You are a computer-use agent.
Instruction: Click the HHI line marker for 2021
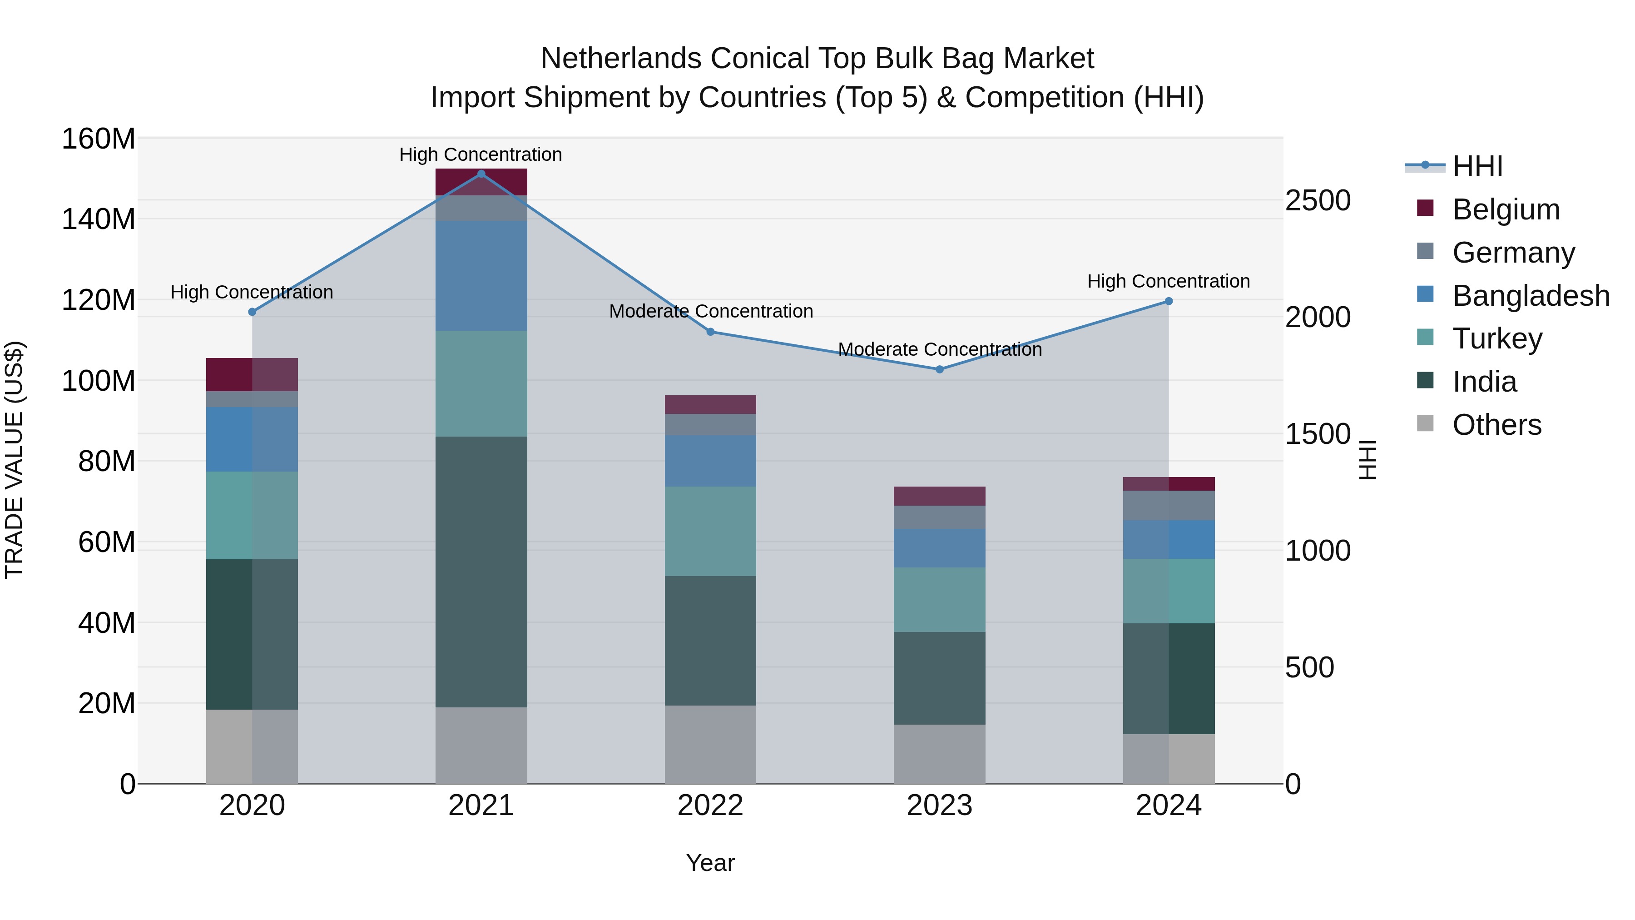(481, 174)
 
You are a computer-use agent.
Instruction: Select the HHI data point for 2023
(940, 369)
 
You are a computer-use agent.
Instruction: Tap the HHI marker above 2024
(1169, 302)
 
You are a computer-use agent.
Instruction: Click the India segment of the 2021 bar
(481, 572)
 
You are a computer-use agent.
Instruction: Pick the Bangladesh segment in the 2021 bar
(481, 276)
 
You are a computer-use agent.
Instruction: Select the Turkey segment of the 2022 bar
(710, 532)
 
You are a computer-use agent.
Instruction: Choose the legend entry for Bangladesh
(1530, 296)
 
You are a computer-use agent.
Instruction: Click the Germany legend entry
(1513, 253)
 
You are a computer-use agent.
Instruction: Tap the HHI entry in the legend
(1477, 166)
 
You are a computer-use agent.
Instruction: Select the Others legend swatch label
(1496, 425)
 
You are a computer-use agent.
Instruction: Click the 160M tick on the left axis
(99, 139)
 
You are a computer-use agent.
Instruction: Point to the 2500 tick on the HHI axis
(1318, 201)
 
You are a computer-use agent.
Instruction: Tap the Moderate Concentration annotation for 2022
(711, 311)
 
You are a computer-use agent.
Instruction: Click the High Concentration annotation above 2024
(1169, 281)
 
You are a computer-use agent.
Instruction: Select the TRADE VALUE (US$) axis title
(14, 460)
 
